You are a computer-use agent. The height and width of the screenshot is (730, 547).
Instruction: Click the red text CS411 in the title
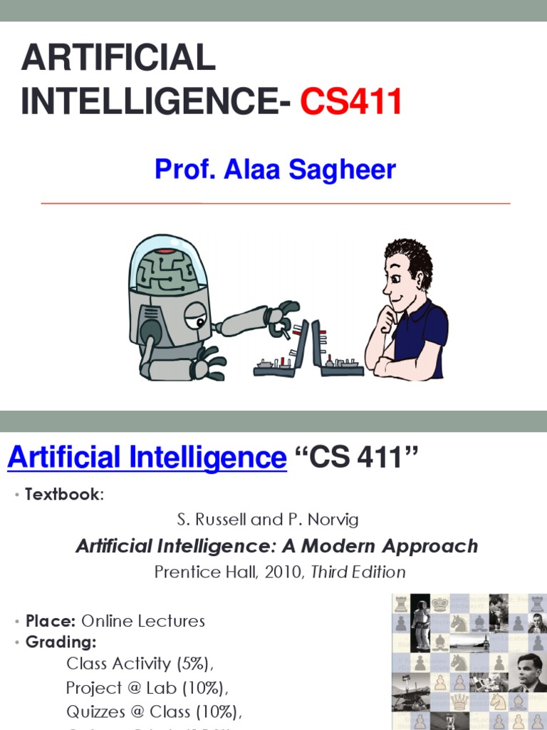[x=351, y=102]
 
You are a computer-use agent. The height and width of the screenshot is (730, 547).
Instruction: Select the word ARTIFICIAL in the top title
[x=118, y=58]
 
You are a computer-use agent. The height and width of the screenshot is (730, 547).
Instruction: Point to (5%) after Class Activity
[x=192, y=664]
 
